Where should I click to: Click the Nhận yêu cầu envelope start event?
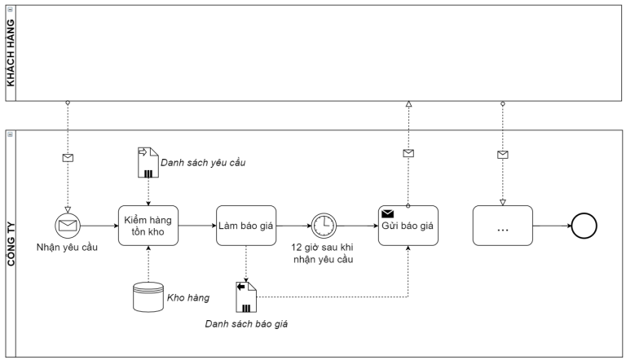(x=68, y=226)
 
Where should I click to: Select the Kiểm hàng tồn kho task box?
(x=148, y=226)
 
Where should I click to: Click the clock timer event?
(x=323, y=226)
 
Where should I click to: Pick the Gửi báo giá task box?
(x=408, y=226)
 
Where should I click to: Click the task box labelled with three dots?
(x=502, y=226)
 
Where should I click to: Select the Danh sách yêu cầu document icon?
(x=148, y=163)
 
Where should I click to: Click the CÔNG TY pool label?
(x=11, y=242)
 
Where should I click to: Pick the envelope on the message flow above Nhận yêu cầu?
(x=68, y=158)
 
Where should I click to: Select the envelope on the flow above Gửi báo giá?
(x=408, y=153)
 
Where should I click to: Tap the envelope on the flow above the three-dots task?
(x=502, y=155)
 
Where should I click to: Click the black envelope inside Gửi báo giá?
(x=388, y=213)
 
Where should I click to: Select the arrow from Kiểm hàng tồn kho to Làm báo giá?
(x=196, y=226)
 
